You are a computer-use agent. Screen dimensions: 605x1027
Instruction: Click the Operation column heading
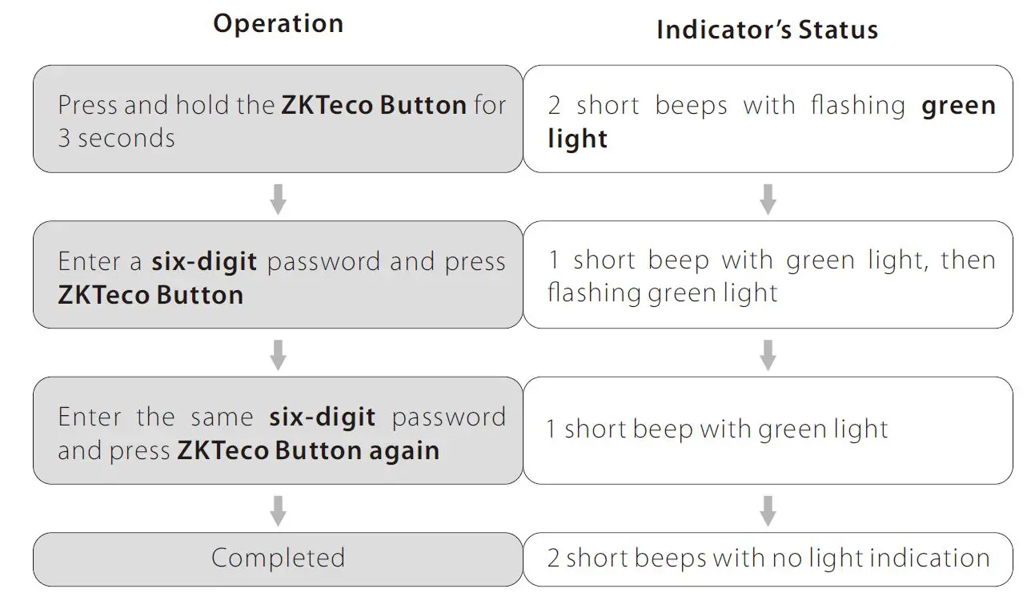(x=278, y=23)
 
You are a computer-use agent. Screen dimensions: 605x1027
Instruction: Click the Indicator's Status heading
(x=767, y=30)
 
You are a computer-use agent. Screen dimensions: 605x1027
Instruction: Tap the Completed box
(x=278, y=559)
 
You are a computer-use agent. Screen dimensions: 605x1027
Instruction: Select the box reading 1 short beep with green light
(x=767, y=430)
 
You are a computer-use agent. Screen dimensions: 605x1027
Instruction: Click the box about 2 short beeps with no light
(x=767, y=559)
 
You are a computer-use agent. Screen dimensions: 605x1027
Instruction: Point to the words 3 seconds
(x=116, y=139)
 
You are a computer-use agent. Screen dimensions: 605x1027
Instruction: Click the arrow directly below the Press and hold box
(x=278, y=199)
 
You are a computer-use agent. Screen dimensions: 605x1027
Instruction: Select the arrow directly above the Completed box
(x=278, y=510)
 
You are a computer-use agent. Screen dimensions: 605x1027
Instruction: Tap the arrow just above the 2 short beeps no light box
(x=767, y=510)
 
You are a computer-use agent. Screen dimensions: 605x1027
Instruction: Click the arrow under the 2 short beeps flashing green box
(x=767, y=199)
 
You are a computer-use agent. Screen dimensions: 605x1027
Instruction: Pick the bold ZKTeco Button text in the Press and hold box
(x=374, y=106)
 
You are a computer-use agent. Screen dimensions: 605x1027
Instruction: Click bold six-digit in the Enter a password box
(x=204, y=262)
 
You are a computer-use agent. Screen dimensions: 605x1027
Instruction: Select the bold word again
(x=404, y=450)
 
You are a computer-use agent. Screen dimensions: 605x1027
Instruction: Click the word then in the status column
(x=969, y=260)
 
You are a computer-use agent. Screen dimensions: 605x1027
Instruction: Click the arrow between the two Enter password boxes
(x=278, y=354)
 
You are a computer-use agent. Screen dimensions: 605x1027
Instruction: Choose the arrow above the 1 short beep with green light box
(x=767, y=354)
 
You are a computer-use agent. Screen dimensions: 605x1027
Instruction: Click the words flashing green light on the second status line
(x=662, y=293)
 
